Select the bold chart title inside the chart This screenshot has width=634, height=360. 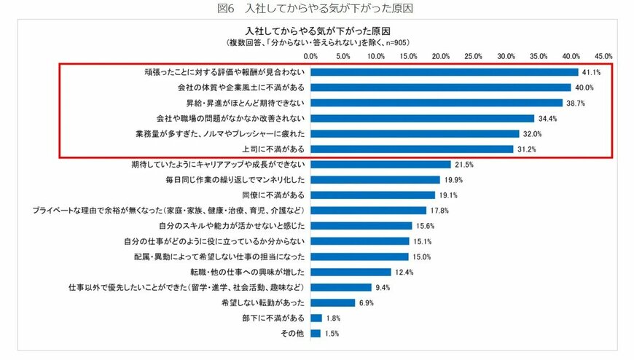click(316, 33)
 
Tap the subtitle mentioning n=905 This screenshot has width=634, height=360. click(316, 44)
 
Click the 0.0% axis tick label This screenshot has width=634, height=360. click(311, 56)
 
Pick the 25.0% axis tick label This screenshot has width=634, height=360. click(474, 56)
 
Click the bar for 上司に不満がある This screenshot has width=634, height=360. click(412, 149)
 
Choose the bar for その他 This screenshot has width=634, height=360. click(316, 333)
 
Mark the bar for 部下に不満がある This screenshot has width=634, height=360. click(316, 318)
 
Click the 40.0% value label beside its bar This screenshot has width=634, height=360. click(584, 87)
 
